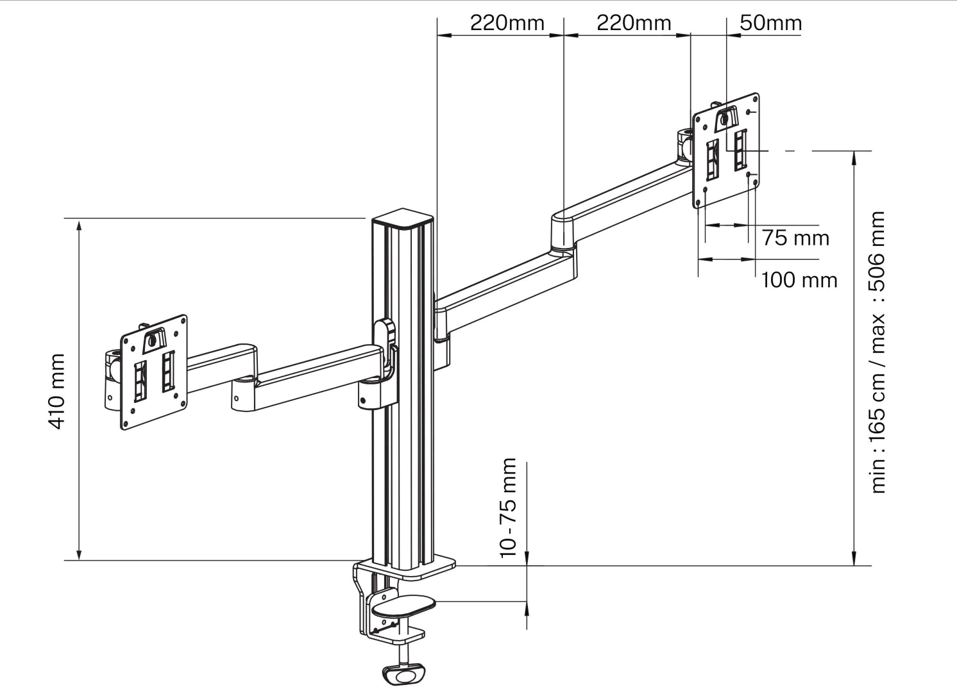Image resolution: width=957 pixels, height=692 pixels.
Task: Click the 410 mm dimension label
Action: click(56, 391)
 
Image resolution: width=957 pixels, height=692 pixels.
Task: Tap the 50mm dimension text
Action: click(770, 23)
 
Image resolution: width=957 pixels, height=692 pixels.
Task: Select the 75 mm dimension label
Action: click(795, 238)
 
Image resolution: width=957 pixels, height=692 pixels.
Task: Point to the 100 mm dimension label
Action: click(799, 281)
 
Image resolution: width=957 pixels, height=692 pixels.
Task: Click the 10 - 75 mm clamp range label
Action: click(508, 508)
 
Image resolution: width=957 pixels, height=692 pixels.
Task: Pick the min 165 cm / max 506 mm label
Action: click(877, 352)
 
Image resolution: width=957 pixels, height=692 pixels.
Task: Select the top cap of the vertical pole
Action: click(402, 218)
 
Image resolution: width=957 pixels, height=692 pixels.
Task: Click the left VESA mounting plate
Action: click(154, 372)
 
